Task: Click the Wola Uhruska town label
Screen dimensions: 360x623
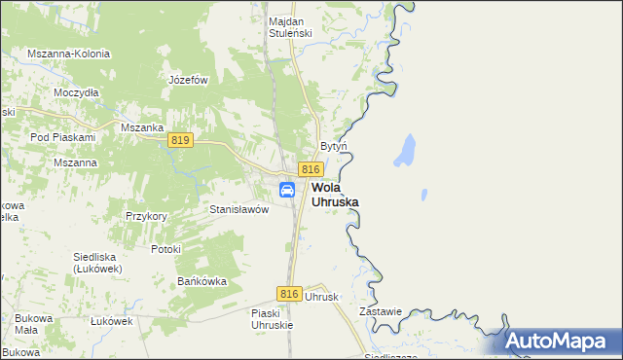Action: (x=334, y=195)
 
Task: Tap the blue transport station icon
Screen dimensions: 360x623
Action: (x=288, y=190)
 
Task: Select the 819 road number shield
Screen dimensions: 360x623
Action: (x=179, y=140)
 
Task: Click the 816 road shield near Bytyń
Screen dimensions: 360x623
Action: (x=311, y=169)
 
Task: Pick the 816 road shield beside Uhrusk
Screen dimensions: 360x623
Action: (x=288, y=293)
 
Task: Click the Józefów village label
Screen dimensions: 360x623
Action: (x=189, y=80)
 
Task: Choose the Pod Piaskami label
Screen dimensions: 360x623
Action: (x=60, y=138)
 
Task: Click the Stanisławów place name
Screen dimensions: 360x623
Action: (x=238, y=209)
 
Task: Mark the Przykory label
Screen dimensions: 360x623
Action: (x=147, y=216)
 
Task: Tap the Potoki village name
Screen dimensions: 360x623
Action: (x=166, y=249)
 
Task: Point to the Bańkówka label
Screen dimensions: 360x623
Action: (x=202, y=281)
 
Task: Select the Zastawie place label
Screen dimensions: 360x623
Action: (x=381, y=311)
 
